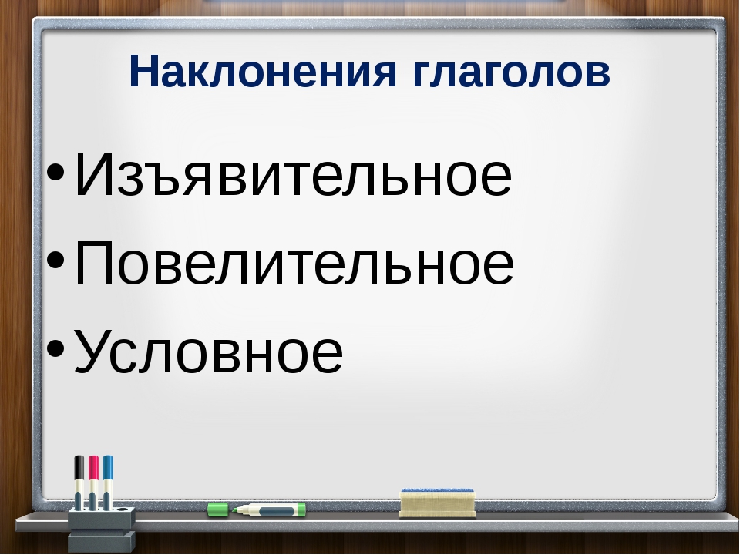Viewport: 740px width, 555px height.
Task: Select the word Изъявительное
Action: click(x=293, y=173)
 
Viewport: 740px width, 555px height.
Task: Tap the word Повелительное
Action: click(x=294, y=262)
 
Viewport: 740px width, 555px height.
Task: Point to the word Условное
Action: click(x=209, y=351)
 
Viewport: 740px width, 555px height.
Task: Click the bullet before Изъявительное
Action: click(x=55, y=171)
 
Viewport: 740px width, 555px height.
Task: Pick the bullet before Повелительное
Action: click(x=55, y=260)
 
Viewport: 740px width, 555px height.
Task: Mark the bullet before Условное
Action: click(x=55, y=348)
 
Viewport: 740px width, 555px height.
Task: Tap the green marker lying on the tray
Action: click(x=269, y=510)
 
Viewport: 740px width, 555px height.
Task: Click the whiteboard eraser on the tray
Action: click(x=438, y=503)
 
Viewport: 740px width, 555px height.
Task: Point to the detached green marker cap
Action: click(x=218, y=510)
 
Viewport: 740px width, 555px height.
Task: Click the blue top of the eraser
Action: click(x=438, y=493)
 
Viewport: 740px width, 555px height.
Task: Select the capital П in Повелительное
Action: click(x=92, y=262)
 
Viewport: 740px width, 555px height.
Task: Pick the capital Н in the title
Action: click(x=143, y=71)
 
